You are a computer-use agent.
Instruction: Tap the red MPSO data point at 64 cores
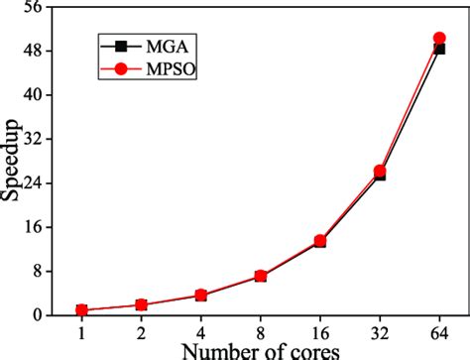[439, 39]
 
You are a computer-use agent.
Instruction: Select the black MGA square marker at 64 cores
[439, 49]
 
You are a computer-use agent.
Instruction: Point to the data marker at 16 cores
[320, 241]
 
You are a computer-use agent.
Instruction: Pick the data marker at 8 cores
[261, 276]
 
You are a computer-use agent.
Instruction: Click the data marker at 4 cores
[201, 295]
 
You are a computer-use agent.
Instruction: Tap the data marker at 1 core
[82, 310]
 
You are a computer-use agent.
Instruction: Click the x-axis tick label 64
[439, 332]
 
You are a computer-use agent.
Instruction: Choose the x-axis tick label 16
[320, 332]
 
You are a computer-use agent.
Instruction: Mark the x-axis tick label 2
[142, 332]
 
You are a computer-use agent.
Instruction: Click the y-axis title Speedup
[11, 169]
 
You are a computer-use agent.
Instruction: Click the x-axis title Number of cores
[262, 350]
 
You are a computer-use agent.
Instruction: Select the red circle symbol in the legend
[122, 69]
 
